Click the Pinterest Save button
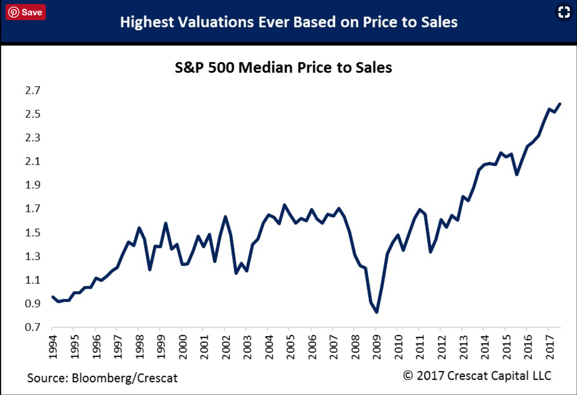pyautogui.click(x=26, y=12)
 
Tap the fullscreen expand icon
pyautogui.click(x=564, y=12)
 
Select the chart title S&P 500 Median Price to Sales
pyautogui.click(x=283, y=68)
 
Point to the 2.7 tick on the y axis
pyautogui.click(x=33, y=90)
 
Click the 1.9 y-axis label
pyautogui.click(x=33, y=185)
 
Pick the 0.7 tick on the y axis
pyautogui.click(x=33, y=327)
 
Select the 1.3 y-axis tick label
pyautogui.click(x=33, y=256)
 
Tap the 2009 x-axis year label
pyautogui.click(x=377, y=346)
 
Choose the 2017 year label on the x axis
pyautogui.click(x=549, y=346)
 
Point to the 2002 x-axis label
pyautogui.click(x=226, y=346)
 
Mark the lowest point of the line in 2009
pyautogui.click(x=377, y=312)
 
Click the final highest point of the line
pyautogui.click(x=559, y=104)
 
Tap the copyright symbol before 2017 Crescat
pyautogui.click(x=408, y=376)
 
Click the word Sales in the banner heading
pyautogui.click(x=439, y=22)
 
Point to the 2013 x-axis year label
pyautogui.click(x=463, y=346)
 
